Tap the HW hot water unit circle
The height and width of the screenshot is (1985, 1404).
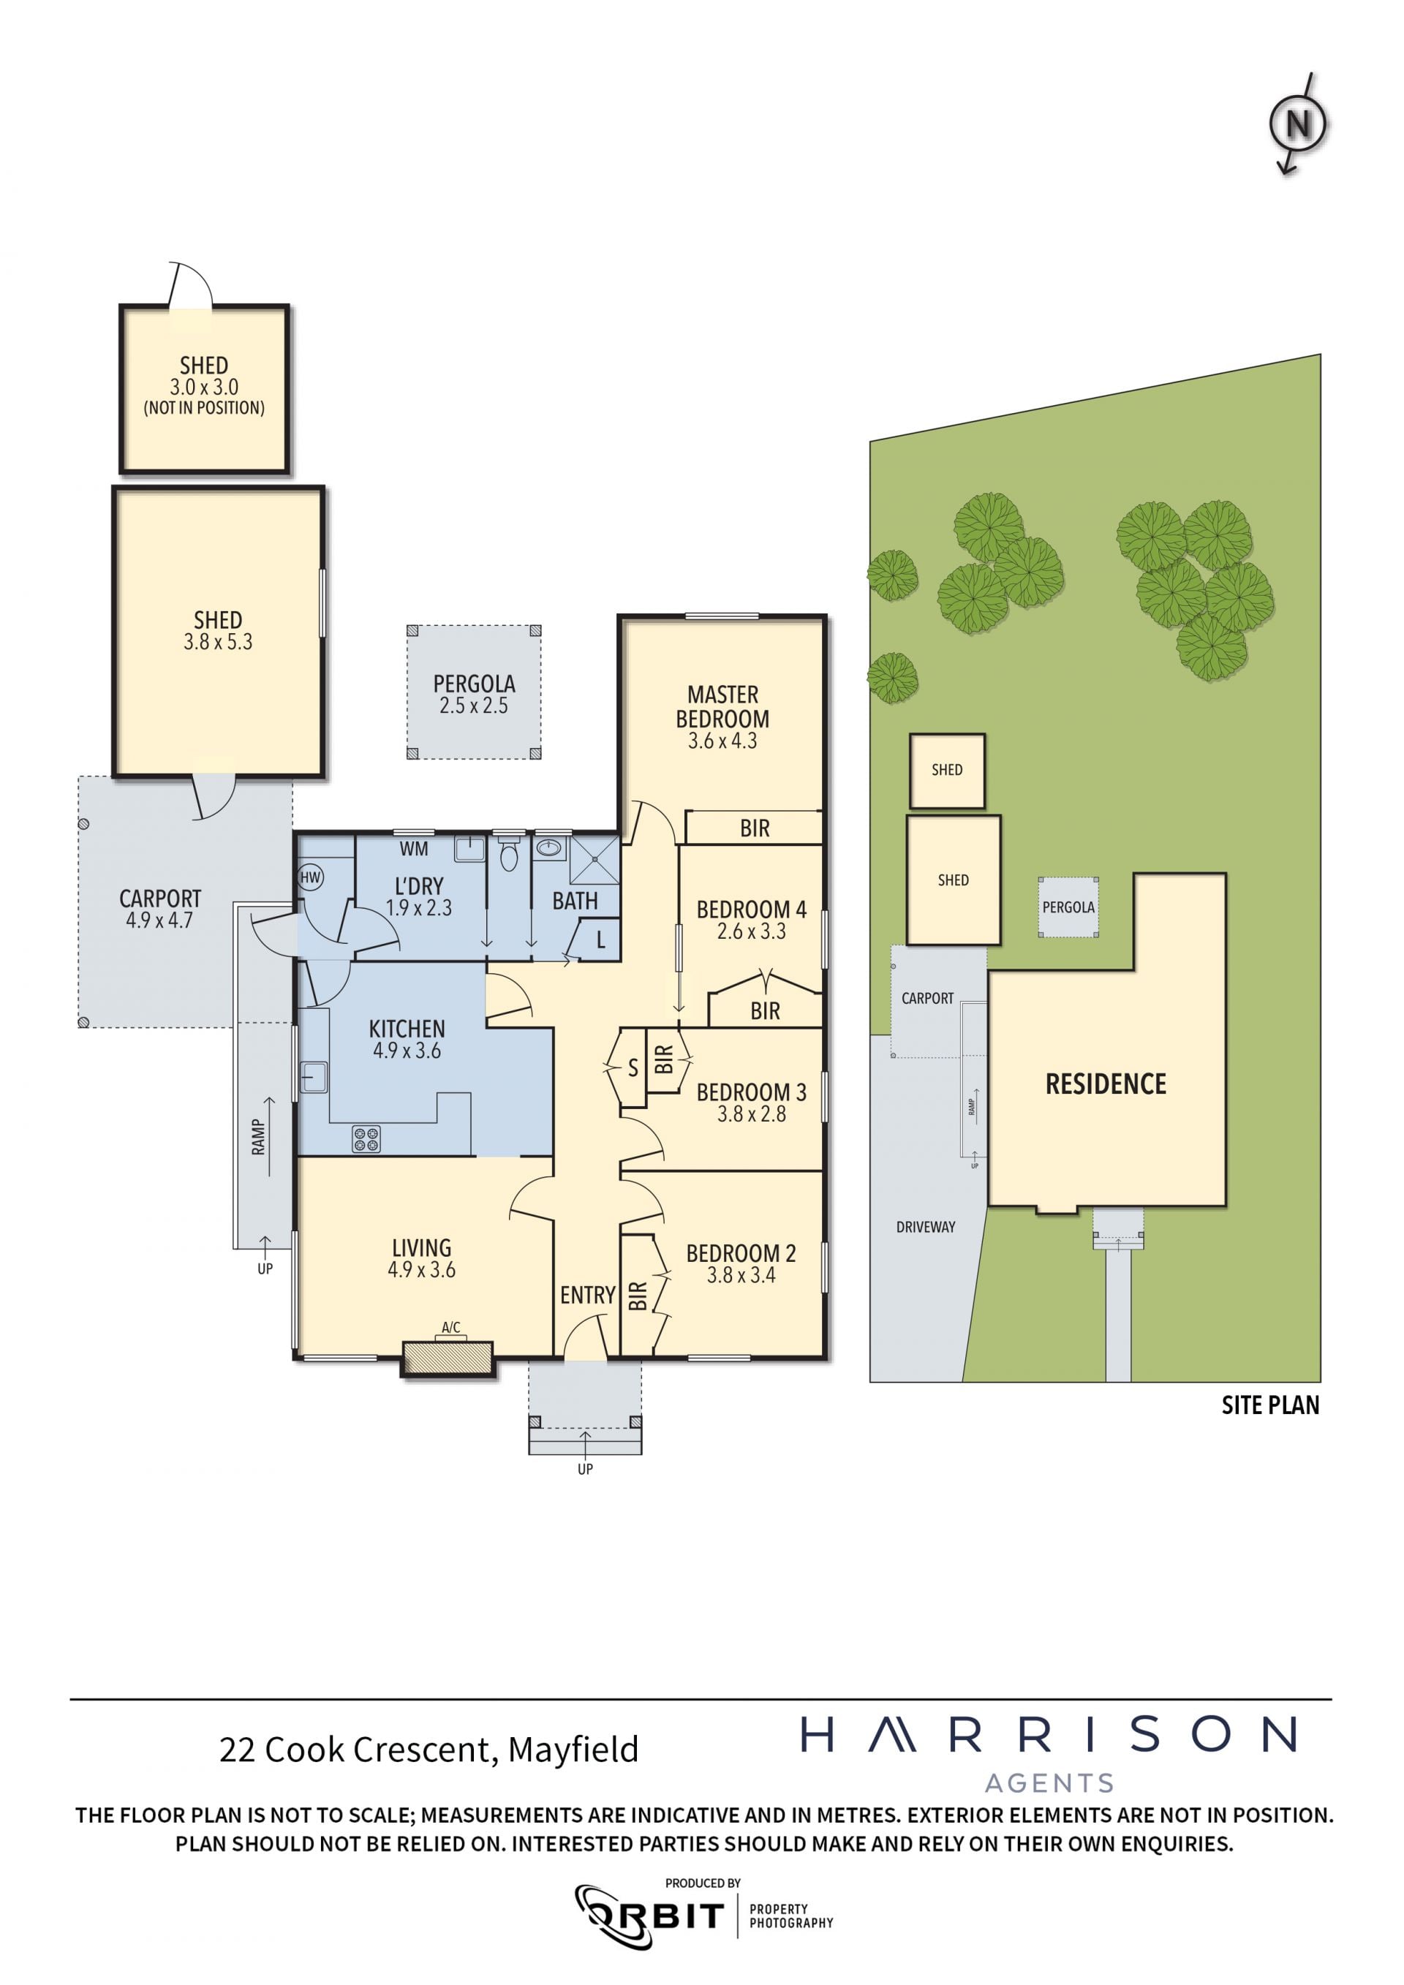pyautogui.click(x=310, y=877)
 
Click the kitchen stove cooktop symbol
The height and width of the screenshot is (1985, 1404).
pyautogui.click(x=366, y=1138)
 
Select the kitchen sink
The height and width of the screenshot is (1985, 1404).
pyautogui.click(x=313, y=1077)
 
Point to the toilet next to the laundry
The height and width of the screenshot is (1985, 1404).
pyautogui.click(x=508, y=852)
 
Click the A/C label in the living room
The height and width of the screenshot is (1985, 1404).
pyautogui.click(x=450, y=1327)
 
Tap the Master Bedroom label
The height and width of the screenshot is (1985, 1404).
pyautogui.click(x=722, y=706)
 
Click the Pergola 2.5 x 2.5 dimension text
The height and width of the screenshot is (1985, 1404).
pyautogui.click(x=474, y=706)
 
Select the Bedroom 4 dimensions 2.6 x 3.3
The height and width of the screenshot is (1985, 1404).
pyautogui.click(x=751, y=931)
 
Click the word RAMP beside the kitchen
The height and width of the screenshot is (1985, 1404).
pyautogui.click(x=257, y=1137)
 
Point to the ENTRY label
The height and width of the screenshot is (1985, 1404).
pyautogui.click(x=588, y=1295)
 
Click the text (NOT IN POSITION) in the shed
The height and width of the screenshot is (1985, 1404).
pyautogui.click(x=204, y=408)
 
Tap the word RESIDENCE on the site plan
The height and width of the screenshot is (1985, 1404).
pyautogui.click(x=1106, y=1084)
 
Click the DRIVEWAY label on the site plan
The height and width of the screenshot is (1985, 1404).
pyautogui.click(x=926, y=1227)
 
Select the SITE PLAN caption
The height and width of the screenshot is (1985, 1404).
pyautogui.click(x=1270, y=1406)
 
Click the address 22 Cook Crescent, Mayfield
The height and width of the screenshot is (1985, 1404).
pyautogui.click(x=429, y=1749)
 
